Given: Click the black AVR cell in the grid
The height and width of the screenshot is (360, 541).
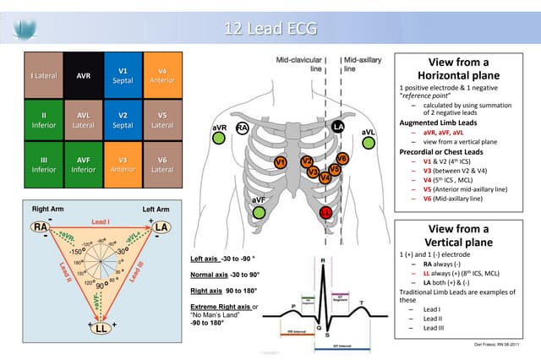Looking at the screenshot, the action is point(84,74).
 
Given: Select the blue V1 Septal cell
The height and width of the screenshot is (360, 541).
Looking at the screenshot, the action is point(123,74).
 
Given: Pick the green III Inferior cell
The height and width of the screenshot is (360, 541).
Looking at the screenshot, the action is point(44,163).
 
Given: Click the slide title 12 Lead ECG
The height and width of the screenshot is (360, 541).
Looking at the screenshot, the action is point(270,29).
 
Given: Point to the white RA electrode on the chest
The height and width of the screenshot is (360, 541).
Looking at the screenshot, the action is point(243,128).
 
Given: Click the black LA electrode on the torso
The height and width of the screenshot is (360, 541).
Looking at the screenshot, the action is point(339,127).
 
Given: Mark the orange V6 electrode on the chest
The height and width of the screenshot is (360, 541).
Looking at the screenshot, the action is point(342,158).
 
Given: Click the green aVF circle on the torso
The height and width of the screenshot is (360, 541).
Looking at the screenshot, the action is point(258,211).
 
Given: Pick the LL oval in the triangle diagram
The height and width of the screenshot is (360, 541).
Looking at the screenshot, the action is point(100,328).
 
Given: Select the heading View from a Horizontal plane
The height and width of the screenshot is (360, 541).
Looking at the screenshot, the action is point(459,69).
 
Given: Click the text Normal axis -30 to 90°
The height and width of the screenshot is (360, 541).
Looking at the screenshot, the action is point(224,275).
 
